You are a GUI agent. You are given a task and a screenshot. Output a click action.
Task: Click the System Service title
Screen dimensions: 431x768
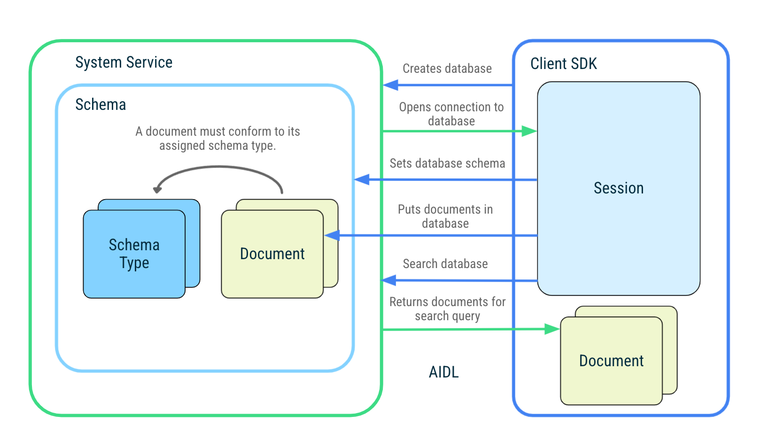pyautogui.click(x=124, y=62)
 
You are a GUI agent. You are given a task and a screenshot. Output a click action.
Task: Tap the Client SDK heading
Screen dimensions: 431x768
pyautogui.click(x=563, y=64)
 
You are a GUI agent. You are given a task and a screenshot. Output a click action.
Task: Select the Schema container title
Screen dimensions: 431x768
pyautogui.click(x=101, y=105)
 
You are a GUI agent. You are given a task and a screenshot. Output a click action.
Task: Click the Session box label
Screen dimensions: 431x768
pyautogui.click(x=618, y=188)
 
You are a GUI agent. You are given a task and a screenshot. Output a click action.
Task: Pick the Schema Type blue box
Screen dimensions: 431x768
pyautogui.click(x=134, y=254)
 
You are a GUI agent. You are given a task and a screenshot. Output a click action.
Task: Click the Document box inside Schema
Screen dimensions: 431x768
pyautogui.click(x=272, y=254)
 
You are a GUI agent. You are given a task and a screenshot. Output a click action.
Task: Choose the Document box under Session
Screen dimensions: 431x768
pyautogui.click(x=611, y=361)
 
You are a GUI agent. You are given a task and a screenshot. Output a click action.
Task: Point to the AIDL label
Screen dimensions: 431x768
pyautogui.click(x=443, y=372)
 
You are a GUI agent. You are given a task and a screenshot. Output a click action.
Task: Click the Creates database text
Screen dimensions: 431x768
pyautogui.click(x=447, y=69)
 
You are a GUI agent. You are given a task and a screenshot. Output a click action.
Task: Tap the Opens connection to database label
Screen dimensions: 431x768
pyautogui.click(x=451, y=114)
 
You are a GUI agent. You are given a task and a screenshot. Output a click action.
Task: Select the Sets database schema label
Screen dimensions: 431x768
pyautogui.click(x=447, y=163)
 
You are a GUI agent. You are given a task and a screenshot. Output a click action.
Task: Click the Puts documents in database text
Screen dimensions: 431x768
pyautogui.click(x=445, y=216)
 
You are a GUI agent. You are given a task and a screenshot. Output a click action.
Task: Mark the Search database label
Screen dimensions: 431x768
pyautogui.click(x=445, y=264)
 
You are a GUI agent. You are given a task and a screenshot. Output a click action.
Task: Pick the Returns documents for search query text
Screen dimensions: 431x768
pyautogui.click(x=447, y=308)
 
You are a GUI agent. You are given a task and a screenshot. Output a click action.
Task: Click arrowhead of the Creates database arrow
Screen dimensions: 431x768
pyautogui.click(x=390, y=85)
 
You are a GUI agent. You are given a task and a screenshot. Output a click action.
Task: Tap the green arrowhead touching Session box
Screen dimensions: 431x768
pyautogui.click(x=530, y=131)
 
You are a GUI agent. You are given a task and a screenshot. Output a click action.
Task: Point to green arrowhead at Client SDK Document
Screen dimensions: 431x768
pyautogui.click(x=552, y=329)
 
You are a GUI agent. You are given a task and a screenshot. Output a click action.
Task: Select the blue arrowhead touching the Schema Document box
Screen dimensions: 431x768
pyautogui.click(x=332, y=235)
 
